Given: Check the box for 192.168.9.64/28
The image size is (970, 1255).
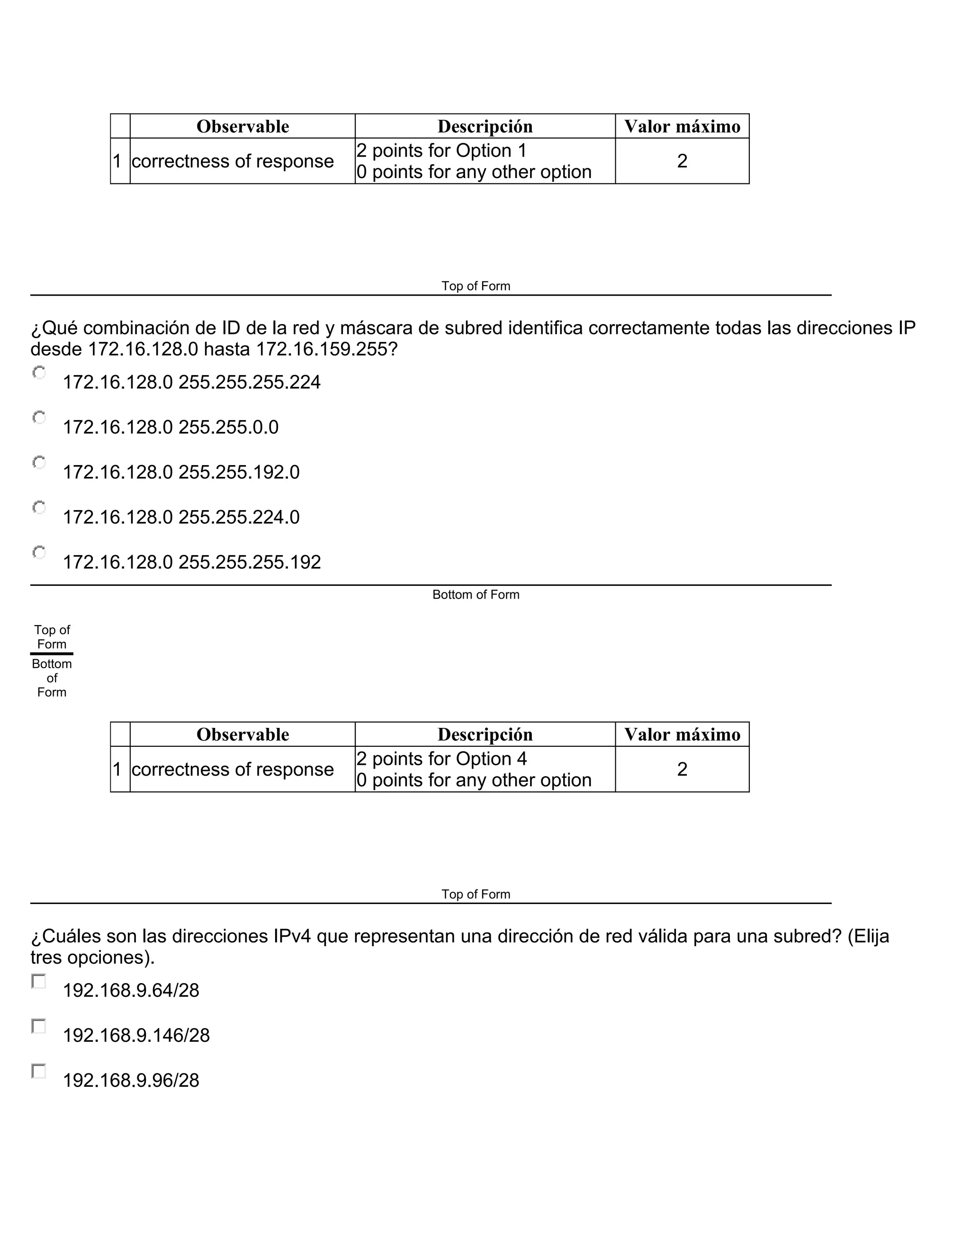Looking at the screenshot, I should click(38, 981).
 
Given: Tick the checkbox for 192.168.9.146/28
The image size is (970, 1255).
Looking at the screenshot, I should click(38, 1026).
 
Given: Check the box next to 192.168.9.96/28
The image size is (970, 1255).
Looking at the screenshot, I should click(38, 1071).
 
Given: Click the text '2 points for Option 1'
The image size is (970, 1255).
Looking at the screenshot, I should click(441, 151).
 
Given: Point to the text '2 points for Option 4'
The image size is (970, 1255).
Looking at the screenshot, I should click(441, 759).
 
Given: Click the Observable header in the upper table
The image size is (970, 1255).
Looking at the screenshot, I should click(242, 126).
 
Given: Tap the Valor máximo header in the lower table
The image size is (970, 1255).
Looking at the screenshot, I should click(682, 735).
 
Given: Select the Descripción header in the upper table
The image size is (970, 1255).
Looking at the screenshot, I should click(485, 126).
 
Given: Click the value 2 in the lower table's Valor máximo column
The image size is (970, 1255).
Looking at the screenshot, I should click(682, 770).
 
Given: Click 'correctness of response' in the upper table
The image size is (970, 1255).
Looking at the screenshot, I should click(232, 161).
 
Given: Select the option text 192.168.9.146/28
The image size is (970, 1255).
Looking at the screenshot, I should click(136, 1035).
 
